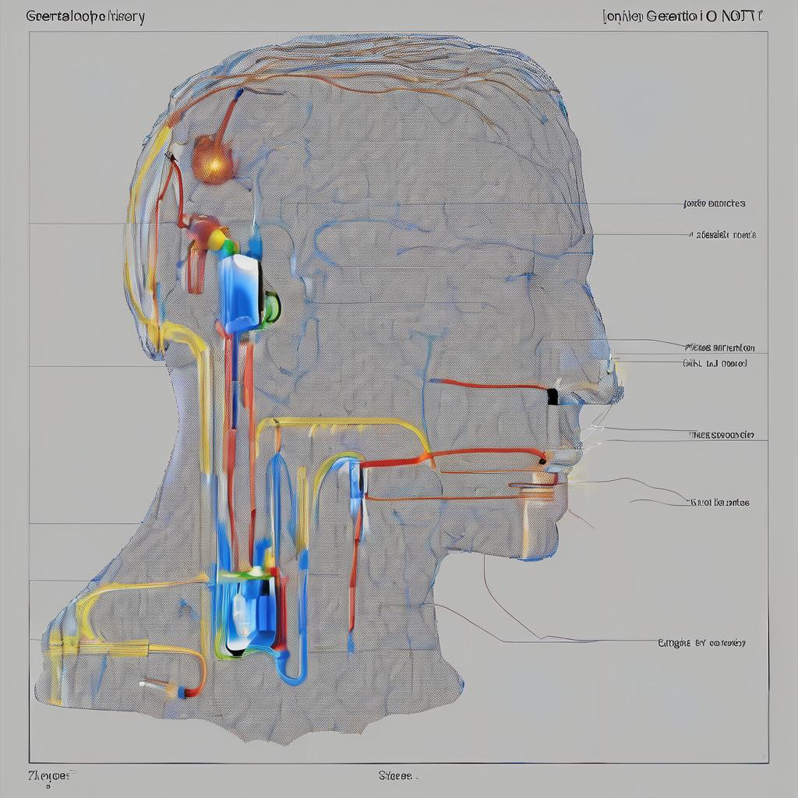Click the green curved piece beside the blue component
(271, 307)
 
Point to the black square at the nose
(553, 396)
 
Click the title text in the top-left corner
(85, 16)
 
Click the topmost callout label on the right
(714, 203)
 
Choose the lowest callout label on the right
(701, 643)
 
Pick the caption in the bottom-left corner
(53, 775)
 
